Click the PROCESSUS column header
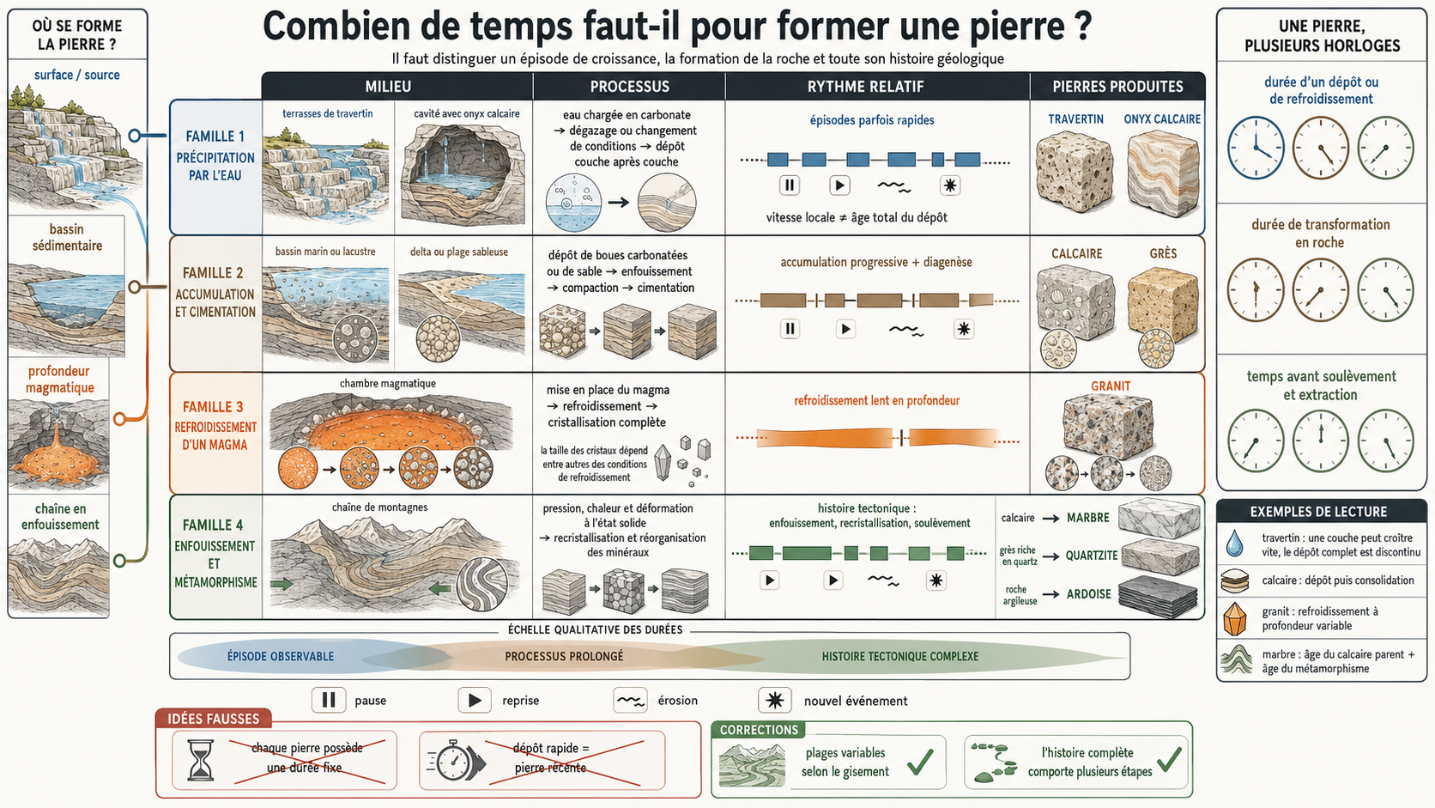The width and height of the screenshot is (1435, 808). point(629,87)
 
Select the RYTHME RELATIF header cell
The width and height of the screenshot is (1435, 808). point(865,87)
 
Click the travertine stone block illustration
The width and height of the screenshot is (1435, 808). point(1075,172)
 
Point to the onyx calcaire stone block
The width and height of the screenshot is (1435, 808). point(1162,173)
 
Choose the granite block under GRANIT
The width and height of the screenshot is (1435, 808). point(1108,425)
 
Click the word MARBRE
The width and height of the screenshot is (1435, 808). point(1087,518)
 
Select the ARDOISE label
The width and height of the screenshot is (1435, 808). point(1088,594)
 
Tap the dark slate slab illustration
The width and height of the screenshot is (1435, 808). point(1159,596)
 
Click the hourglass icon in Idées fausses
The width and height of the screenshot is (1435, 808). point(200,760)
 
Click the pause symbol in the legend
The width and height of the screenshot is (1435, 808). point(329,701)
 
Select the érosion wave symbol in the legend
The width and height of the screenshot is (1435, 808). point(630,701)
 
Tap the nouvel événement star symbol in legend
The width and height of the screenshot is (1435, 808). point(774,701)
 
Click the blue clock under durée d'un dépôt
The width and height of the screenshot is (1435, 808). point(1256,148)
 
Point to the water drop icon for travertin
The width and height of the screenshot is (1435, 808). point(1234,543)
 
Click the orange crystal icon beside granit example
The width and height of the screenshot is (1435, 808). point(1234,618)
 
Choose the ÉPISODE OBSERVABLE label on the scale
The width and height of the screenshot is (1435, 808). point(281,656)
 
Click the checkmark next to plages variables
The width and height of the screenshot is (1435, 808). point(921,762)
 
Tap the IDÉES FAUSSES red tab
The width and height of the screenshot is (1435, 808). point(214,719)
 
